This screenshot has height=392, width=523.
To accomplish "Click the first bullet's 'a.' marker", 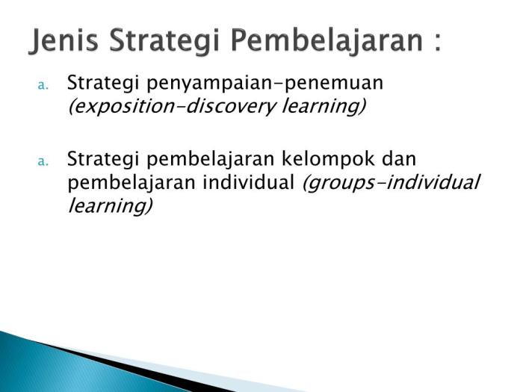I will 43,84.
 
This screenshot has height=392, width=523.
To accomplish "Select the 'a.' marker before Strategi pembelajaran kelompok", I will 43,161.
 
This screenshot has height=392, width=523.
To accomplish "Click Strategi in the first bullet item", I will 100,82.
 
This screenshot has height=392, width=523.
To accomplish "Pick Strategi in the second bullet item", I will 100,159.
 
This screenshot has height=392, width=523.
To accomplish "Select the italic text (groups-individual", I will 390,183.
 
